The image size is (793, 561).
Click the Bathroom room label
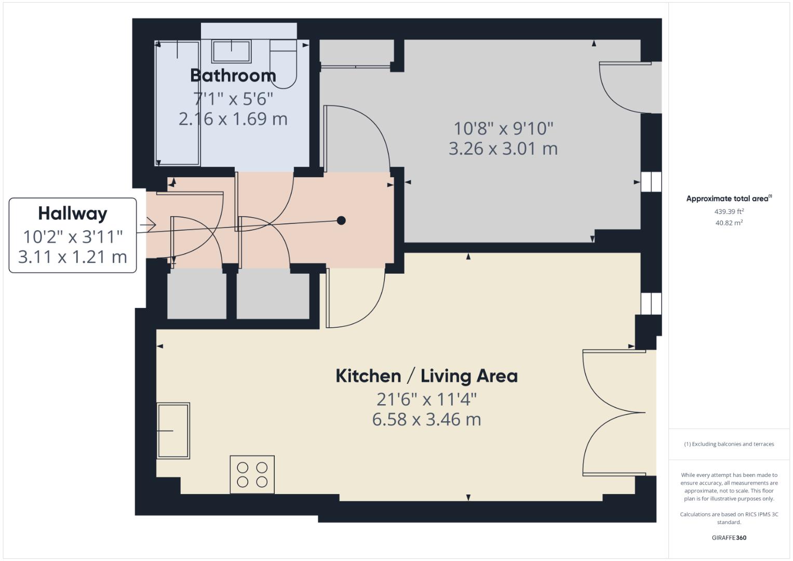coord(233,76)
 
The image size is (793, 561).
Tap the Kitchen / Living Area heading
coord(426,376)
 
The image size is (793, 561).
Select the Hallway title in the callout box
coord(73,213)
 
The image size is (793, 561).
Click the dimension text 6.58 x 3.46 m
coord(426,419)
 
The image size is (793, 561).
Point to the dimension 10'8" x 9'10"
coord(503,128)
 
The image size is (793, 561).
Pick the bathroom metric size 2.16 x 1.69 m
coord(233,119)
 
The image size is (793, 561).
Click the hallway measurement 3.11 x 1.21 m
coord(73,257)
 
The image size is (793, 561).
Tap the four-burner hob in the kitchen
coord(252,475)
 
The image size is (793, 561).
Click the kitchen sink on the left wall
coord(173,431)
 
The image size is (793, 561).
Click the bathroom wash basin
coord(232,51)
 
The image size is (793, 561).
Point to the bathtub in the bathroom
coord(178,104)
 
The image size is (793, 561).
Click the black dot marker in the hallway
coord(341,220)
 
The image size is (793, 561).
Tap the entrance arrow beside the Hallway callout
coord(148,225)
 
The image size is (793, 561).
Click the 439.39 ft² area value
coord(729,212)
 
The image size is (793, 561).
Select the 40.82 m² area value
coord(729,223)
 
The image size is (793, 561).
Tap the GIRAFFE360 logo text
coord(729,538)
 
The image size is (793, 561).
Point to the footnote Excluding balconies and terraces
coord(729,444)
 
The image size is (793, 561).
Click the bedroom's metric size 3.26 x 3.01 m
coord(503,149)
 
